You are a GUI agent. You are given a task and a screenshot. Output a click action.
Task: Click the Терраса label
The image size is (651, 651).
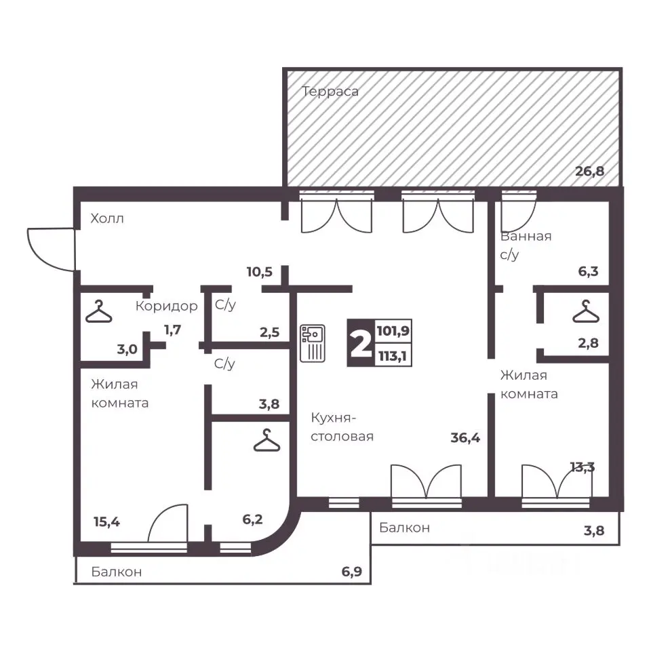coord(330,92)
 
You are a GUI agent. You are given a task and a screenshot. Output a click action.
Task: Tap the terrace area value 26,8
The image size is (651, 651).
coord(589,171)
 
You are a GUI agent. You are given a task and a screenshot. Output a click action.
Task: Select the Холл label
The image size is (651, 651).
coord(107,218)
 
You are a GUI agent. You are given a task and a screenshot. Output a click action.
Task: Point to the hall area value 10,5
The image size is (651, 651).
coord(260,272)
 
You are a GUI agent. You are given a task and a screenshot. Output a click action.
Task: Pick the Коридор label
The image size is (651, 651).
coord(167,306)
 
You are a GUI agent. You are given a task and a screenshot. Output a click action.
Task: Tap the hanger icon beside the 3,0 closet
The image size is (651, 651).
coord(99,311)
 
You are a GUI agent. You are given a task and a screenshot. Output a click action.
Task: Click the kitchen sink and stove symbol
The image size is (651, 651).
coord(312,343)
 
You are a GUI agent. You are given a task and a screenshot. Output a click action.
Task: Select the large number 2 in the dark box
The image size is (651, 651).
coord(361,343)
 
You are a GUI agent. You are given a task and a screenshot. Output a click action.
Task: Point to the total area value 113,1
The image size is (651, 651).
coord(393,356)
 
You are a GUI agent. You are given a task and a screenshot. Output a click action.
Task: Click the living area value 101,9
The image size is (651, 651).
coord(393,331)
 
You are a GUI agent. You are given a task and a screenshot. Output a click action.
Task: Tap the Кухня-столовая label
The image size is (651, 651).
coord(342,427)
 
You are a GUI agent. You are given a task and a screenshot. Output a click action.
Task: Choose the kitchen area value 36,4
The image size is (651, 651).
coord(465,437)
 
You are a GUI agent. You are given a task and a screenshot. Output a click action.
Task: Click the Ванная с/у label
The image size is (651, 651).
coord(526,245)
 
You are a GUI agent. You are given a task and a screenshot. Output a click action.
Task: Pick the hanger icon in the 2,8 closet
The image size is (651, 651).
coord(586,311)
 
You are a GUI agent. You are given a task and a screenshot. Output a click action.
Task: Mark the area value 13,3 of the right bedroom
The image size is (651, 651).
coord(582,467)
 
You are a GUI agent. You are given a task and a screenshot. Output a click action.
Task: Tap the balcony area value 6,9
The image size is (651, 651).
coord(352,572)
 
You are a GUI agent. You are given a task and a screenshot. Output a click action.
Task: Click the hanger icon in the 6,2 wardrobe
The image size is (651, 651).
coord(267,440)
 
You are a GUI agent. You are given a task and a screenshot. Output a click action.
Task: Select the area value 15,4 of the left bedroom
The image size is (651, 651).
coord(106,522)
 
